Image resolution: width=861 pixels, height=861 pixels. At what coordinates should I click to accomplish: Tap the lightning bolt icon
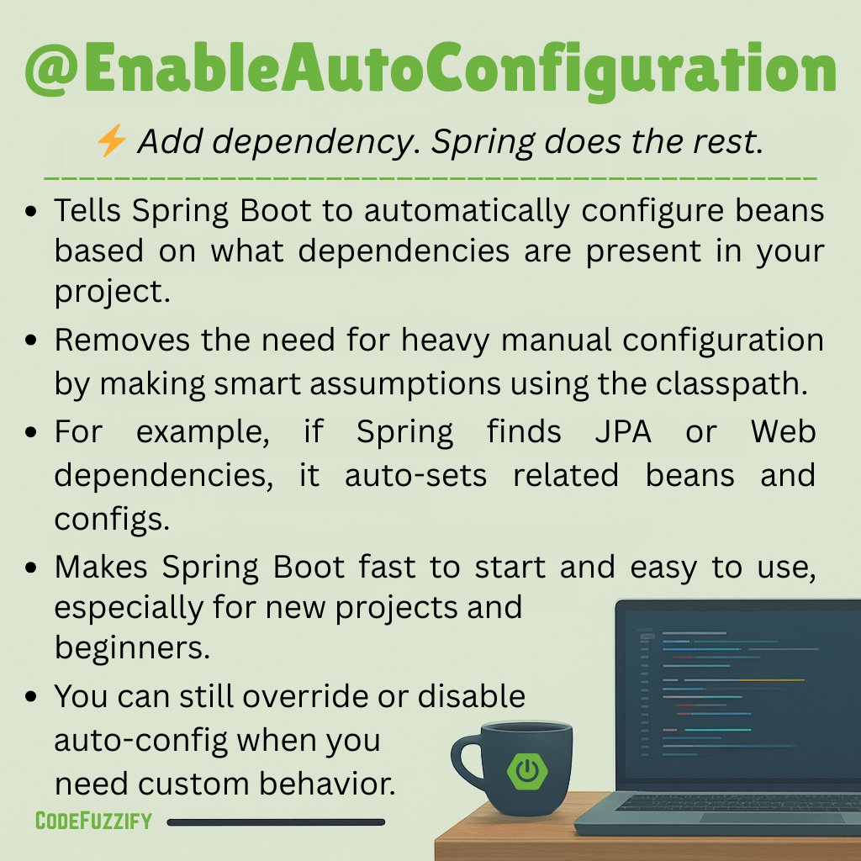point(111,142)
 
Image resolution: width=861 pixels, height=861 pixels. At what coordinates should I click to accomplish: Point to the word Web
point(783,432)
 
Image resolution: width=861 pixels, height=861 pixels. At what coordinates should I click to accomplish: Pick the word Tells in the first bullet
point(86,211)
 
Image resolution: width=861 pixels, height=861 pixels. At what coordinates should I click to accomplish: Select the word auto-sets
point(415,475)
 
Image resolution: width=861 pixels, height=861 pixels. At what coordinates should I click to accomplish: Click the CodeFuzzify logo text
point(93,821)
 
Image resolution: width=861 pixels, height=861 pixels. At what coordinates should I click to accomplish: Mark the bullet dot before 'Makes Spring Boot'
point(31,568)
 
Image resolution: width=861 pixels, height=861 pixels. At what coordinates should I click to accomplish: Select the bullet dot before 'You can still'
point(31,697)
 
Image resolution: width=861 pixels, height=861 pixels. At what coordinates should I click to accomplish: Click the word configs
point(112,519)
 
